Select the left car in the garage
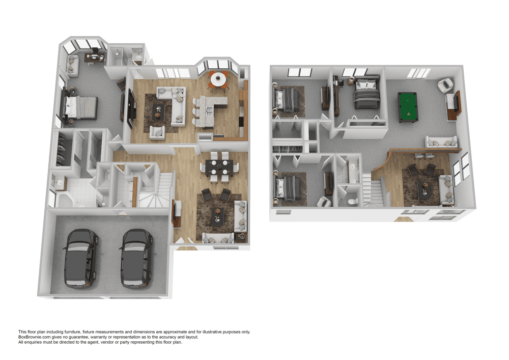(81, 258)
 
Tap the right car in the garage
(136, 258)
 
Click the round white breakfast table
(218, 78)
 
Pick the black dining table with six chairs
(219, 168)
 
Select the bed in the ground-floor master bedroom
(80, 108)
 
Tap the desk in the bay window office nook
(95, 57)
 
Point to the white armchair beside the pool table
(445, 85)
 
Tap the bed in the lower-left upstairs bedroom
(288, 188)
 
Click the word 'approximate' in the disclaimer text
(175, 332)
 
